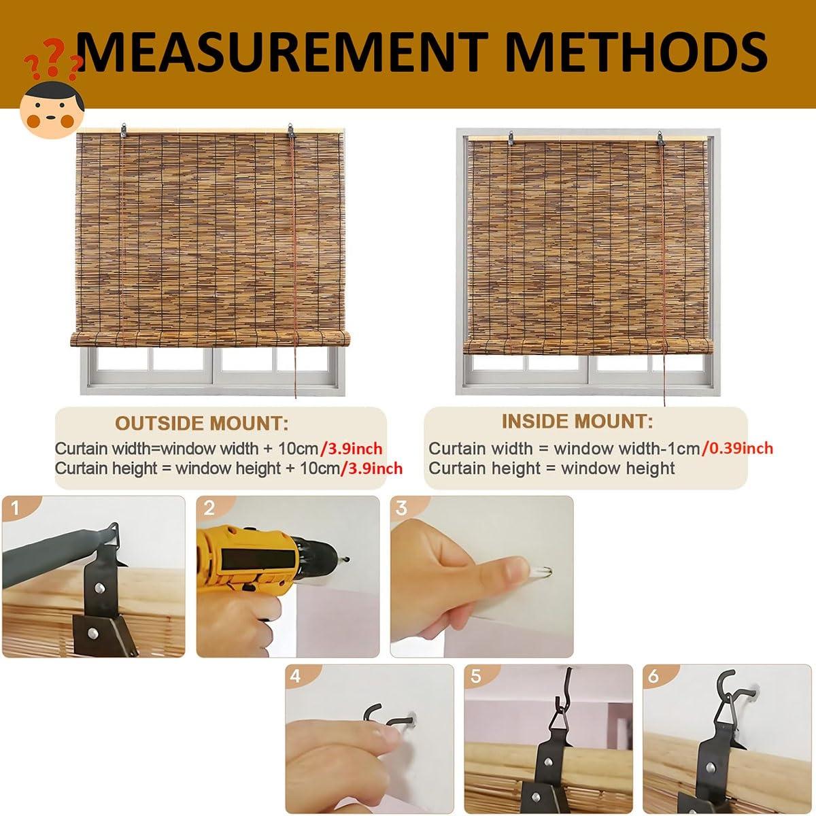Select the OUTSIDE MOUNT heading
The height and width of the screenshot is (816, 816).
pos(201,424)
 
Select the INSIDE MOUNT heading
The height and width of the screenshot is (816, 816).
pos(577,422)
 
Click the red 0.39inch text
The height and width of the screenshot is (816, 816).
pos(738,448)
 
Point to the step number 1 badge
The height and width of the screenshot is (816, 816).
pos(16,508)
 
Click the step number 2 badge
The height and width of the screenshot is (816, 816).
pos(209,508)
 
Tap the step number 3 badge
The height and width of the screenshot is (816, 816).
pos(402,507)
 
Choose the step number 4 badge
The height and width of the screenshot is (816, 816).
pos(295,676)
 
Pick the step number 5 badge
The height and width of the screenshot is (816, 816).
pos(475,676)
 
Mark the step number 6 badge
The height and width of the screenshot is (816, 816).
pos(653,676)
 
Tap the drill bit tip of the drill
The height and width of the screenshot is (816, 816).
pos(348,559)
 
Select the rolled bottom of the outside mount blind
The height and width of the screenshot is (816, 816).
pos(210,339)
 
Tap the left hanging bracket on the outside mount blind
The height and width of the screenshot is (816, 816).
pos(124,129)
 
